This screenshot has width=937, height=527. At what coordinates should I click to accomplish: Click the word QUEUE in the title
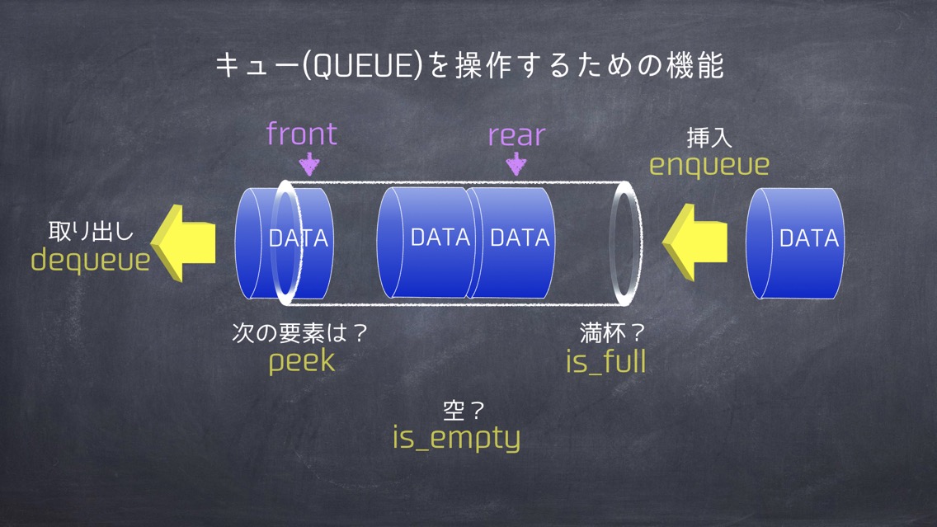pos(364,65)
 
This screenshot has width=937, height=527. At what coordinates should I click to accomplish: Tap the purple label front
pos(302,134)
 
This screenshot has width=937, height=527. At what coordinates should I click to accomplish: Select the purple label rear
pos(517,135)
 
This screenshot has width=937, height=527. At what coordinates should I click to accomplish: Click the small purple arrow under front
pos(309,164)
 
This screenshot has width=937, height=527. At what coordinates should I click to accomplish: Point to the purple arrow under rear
pos(516,164)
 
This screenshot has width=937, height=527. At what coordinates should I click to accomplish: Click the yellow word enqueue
pos(709,165)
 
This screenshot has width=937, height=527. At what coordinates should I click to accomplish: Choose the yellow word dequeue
pos(90,261)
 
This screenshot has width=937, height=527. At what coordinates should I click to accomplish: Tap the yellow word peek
pos(302,361)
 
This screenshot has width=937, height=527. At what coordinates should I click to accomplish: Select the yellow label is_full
pos(606,361)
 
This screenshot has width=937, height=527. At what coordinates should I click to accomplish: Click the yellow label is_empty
pos(457,438)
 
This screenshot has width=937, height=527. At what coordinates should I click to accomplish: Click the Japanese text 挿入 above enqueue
pos(709,138)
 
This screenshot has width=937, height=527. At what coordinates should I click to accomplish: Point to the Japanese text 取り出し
pos(91,231)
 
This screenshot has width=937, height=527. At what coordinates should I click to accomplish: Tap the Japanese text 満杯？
pos(612,333)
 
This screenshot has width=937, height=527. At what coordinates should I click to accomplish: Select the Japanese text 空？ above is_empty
pos(463,410)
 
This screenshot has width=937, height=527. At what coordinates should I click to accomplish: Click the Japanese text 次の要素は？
pos(299,333)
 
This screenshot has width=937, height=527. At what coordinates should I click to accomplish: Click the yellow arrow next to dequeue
pos(183,243)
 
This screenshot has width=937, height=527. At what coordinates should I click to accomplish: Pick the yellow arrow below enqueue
pos(695,242)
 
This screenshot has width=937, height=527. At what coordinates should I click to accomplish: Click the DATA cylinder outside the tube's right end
pos(795,243)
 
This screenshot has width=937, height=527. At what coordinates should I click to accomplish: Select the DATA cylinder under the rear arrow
pos(511,242)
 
